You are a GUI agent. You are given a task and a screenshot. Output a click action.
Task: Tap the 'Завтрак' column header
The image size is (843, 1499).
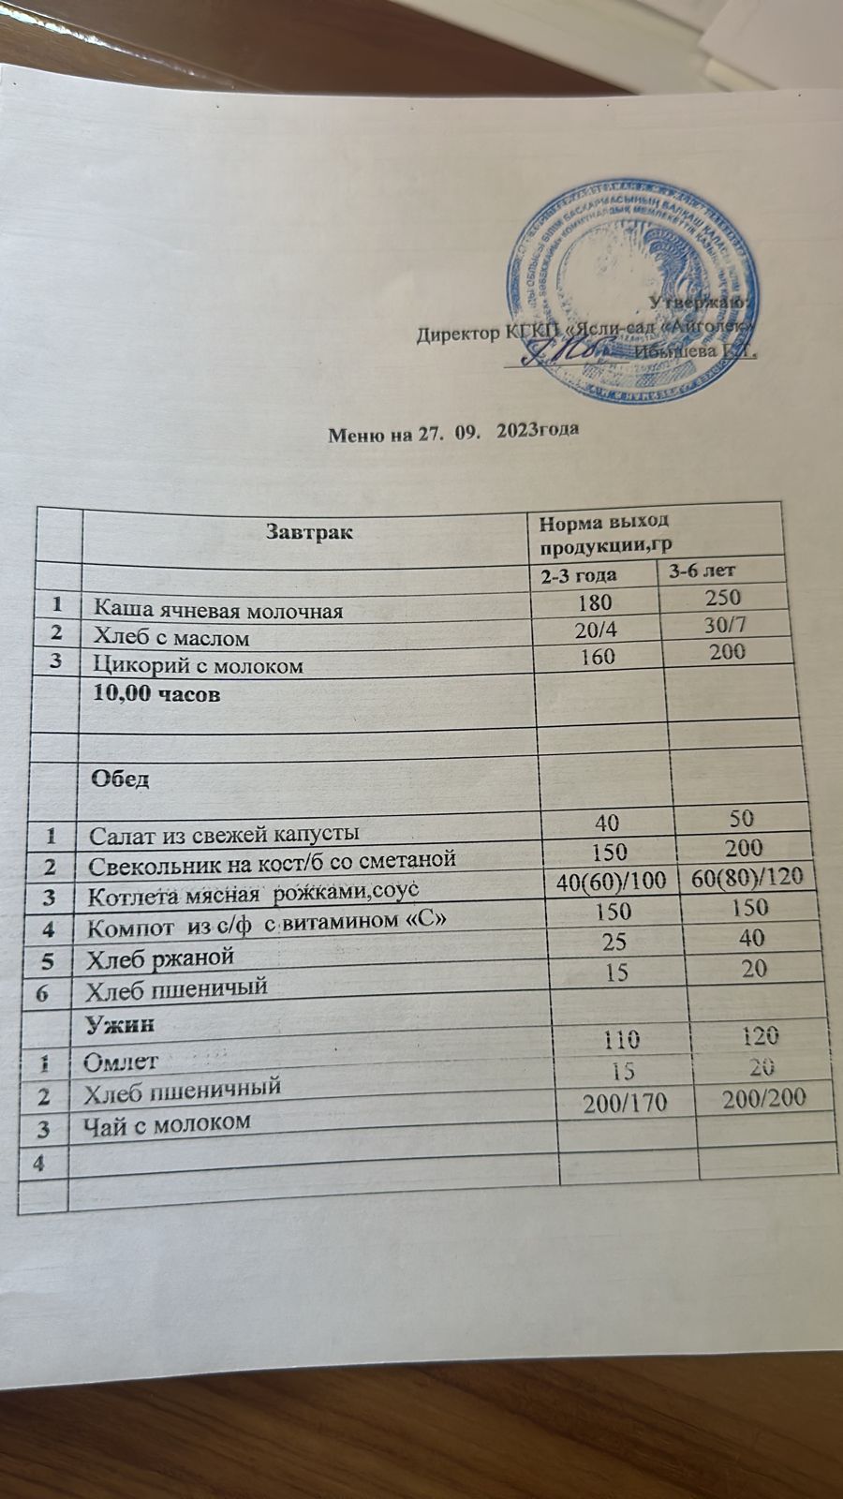(x=309, y=532)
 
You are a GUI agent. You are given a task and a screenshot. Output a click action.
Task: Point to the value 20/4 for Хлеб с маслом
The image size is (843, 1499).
(x=589, y=630)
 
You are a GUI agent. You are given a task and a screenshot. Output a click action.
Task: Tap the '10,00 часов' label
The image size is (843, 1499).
(x=155, y=696)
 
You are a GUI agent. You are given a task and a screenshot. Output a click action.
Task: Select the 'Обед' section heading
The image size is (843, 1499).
(x=119, y=779)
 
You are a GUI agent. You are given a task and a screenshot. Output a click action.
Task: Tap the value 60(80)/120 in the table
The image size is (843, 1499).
(x=744, y=878)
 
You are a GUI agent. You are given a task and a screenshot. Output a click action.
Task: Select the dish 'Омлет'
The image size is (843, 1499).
(x=121, y=1062)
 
